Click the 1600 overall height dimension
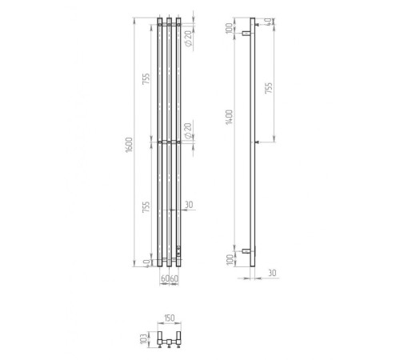pos(129,145)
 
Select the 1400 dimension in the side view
pos(229,117)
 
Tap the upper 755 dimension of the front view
pos(146,79)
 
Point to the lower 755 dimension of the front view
pos(146,207)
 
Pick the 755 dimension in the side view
pos(269,88)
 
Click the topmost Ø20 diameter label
pos(188,38)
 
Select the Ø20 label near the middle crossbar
pos(188,131)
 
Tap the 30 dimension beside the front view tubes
pos(189,205)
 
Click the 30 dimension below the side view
pos(272,273)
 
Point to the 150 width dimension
pos(170,318)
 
